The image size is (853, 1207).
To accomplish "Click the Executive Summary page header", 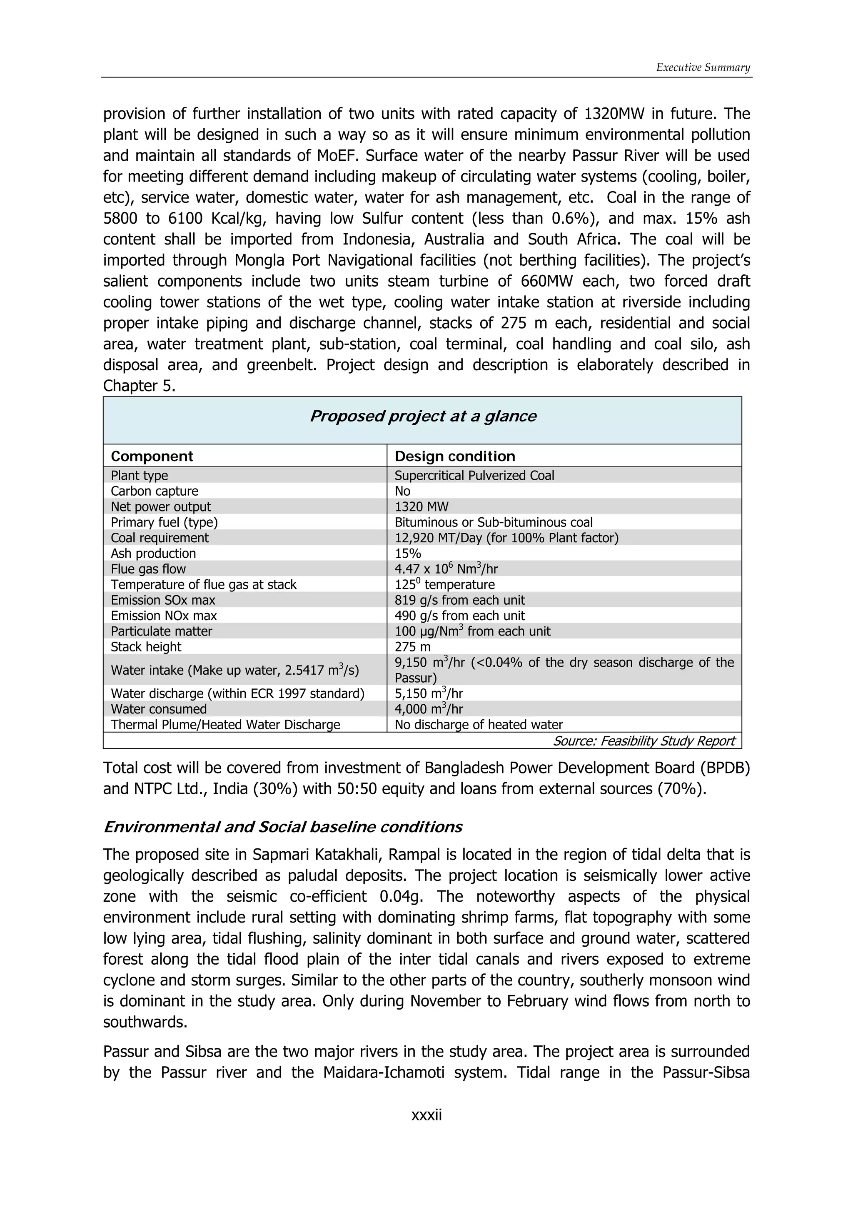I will [703, 67].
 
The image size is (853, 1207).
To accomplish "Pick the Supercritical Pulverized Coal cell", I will [474, 475].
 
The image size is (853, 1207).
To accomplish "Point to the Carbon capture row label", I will [155, 491].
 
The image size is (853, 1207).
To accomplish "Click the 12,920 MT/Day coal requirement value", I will [506, 538].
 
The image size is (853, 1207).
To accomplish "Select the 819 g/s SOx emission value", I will [459, 600].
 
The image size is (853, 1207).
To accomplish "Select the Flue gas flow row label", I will [148, 569].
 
